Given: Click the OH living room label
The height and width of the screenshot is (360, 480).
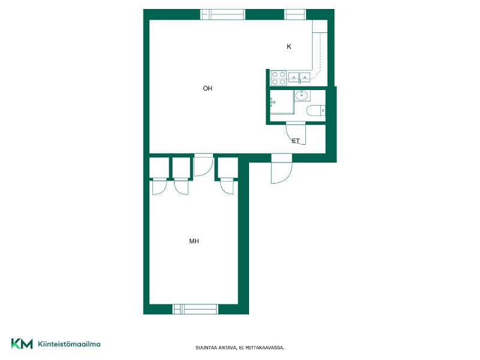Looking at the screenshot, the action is click(208, 88).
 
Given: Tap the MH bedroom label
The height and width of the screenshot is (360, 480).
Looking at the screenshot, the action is click(194, 241).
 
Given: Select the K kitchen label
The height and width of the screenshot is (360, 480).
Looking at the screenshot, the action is click(289, 47).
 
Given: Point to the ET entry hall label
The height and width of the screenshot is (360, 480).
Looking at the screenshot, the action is click(295, 141).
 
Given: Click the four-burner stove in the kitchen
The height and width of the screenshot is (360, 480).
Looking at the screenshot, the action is click(278, 78).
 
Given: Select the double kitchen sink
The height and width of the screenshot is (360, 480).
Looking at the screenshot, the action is click(299, 77).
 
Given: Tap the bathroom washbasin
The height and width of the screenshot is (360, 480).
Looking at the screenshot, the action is click(302, 95).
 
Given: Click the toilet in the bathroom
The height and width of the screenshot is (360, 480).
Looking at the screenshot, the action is click(316, 111).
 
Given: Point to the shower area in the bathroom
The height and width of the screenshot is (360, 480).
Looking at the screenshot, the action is click(281, 102).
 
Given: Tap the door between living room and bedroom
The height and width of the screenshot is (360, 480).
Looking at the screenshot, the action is click(203, 166).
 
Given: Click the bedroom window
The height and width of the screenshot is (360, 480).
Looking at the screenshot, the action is click(196, 309).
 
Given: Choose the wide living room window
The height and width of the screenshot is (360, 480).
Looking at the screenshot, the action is click(223, 14).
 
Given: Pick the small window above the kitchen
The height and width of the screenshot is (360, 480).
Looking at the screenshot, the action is click(295, 14).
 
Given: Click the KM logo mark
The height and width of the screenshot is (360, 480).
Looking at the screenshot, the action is click(22, 344).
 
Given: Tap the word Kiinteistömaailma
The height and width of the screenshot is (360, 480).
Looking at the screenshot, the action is click(69, 344).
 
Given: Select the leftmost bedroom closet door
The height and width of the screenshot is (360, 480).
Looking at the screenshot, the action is click(160, 187).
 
